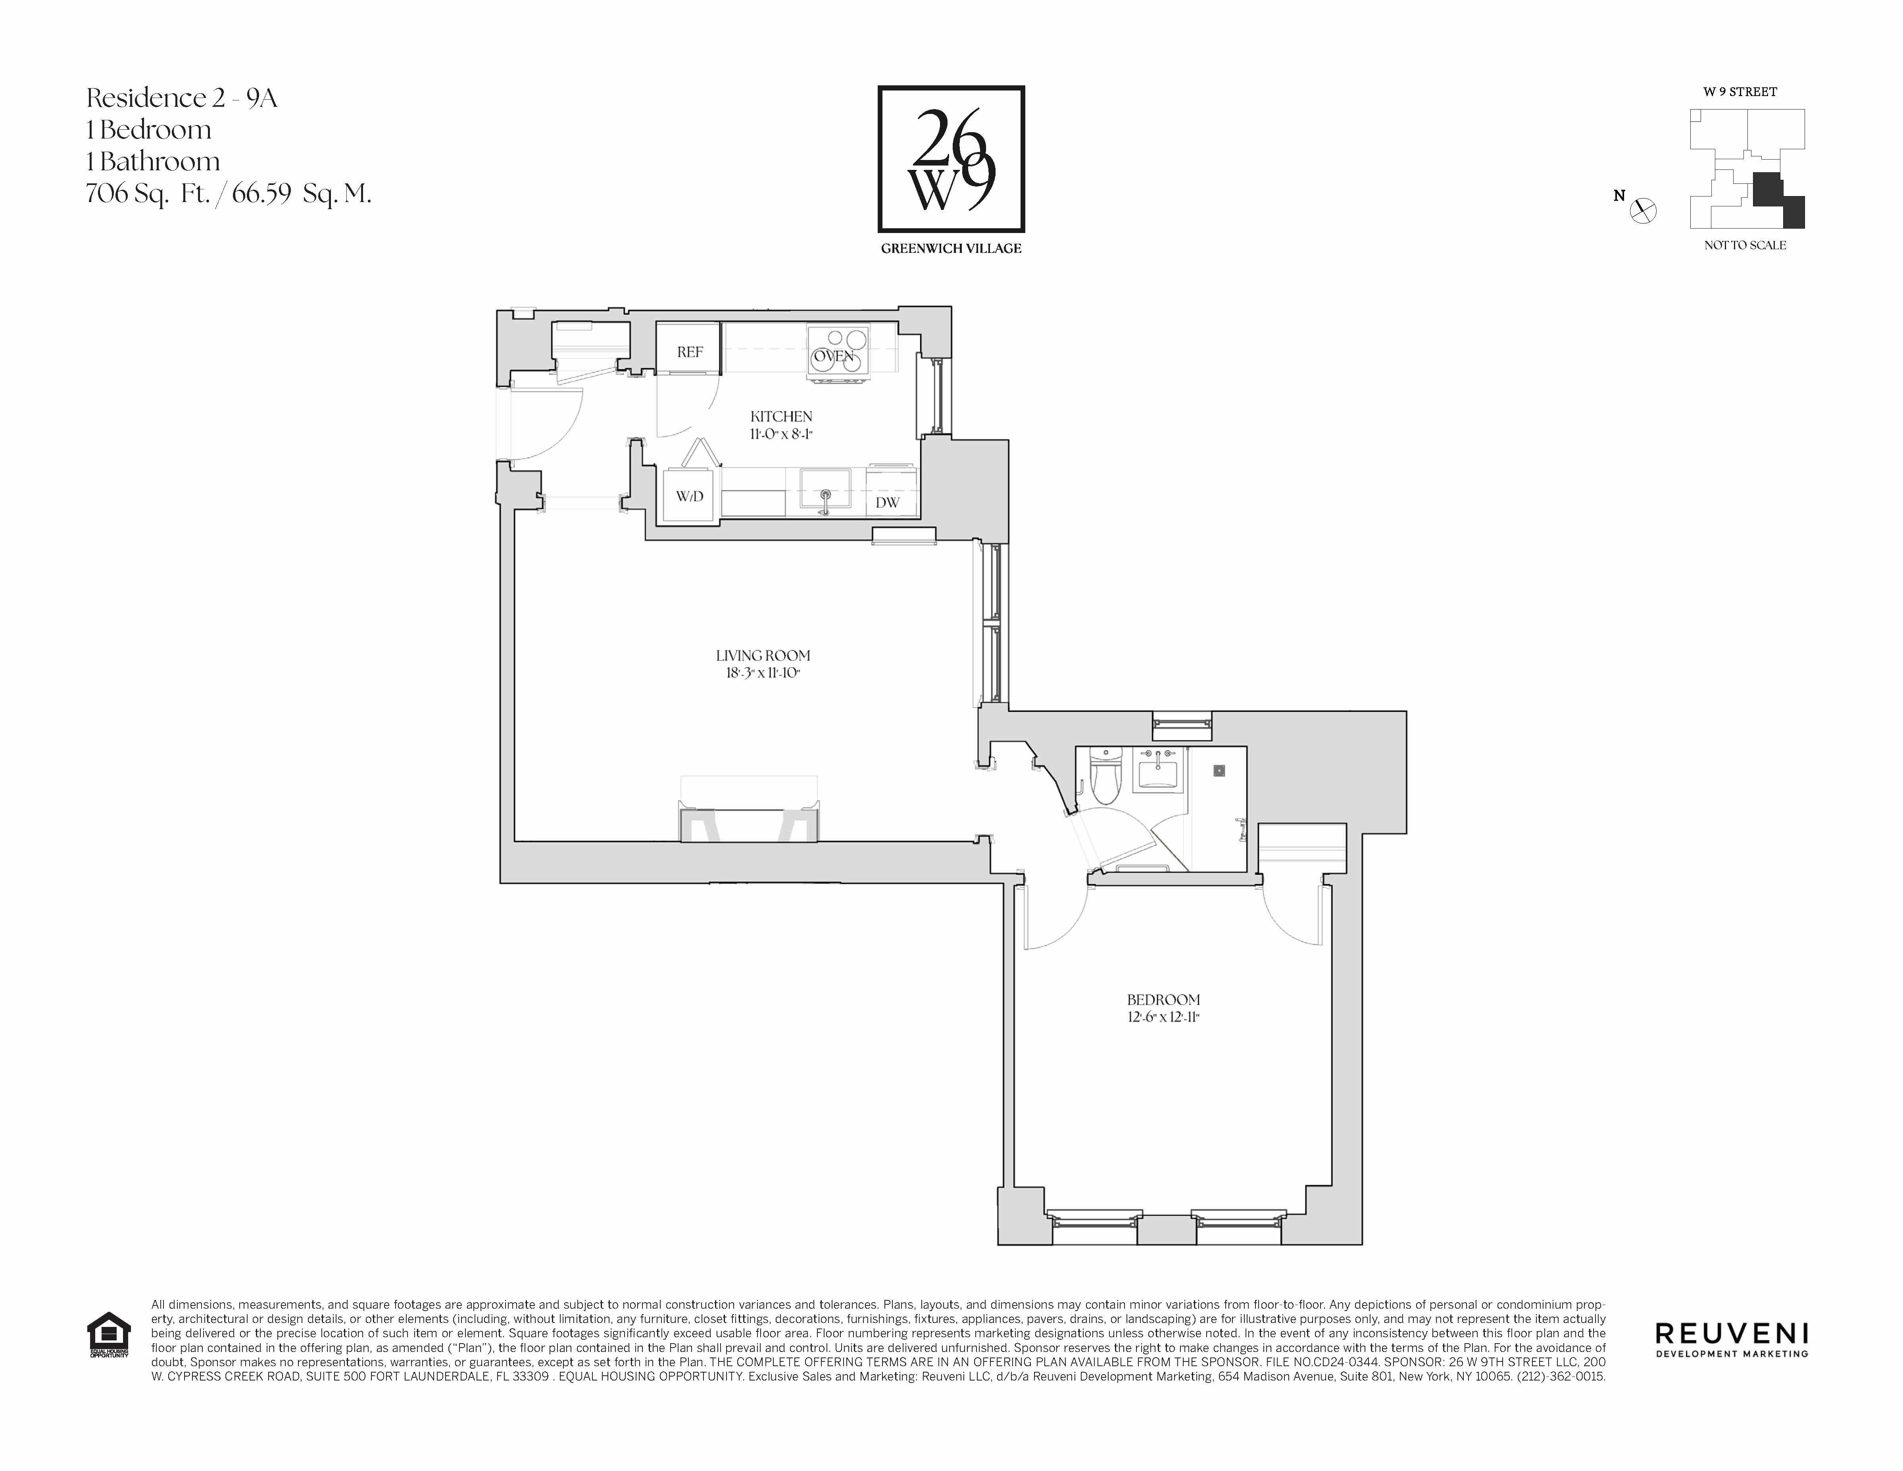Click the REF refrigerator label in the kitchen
[x=689, y=352]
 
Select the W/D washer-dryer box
[x=689, y=496]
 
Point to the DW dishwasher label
[x=887, y=503]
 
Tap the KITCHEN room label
[x=781, y=416]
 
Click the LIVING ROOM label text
[x=762, y=655]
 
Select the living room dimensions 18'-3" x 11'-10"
[x=762, y=673]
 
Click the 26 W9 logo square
[x=951, y=159]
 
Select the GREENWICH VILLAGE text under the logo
[x=951, y=248]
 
